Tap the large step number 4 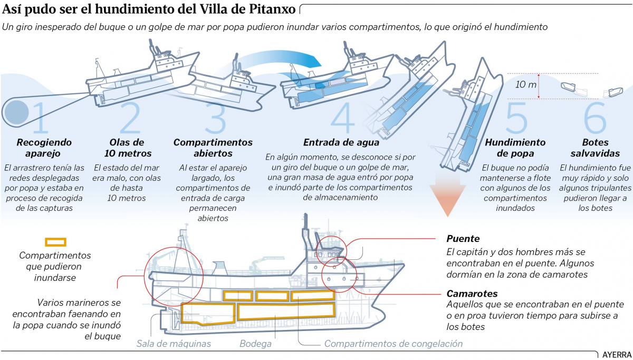click(343, 117)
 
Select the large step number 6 click(595, 117)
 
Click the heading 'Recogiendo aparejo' click(44, 148)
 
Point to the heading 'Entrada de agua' click(341, 142)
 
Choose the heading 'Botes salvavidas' click(595, 148)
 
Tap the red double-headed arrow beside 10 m click(539, 86)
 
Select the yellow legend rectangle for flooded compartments click(55, 242)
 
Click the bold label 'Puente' click(463, 238)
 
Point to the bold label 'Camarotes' click(472, 294)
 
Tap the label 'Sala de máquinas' click(174, 344)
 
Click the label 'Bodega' click(255, 344)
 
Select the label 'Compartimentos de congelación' click(393, 344)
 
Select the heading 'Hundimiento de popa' click(507, 148)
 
